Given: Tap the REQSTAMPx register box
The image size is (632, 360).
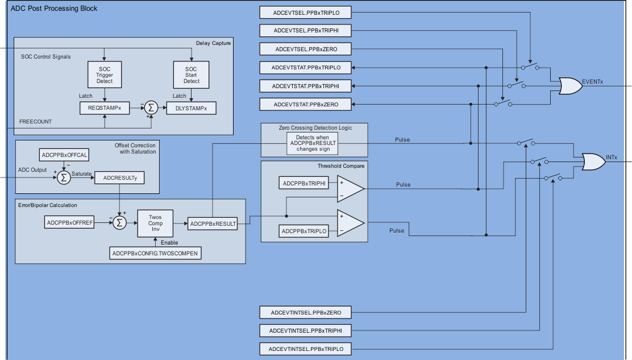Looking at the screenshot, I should [x=104, y=107].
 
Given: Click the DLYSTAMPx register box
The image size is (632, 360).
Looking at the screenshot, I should [x=192, y=107].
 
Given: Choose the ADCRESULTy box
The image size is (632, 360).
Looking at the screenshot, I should [x=120, y=178].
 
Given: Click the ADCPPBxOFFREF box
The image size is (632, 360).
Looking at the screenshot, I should [x=69, y=222].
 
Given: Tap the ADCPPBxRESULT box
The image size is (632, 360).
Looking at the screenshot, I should [x=213, y=224].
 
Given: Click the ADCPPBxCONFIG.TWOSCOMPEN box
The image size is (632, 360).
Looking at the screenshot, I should [x=155, y=253].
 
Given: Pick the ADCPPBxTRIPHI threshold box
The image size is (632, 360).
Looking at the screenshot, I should [x=304, y=183].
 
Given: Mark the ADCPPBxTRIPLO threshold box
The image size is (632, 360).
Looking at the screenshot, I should [x=304, y=231].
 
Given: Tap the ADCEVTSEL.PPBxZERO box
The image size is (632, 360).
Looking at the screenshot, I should [x=306, y=49].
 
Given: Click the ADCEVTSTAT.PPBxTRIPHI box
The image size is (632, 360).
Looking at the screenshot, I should [x=306, y=86].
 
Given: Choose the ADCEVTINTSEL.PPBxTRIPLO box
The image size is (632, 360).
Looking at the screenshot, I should [x=306, y=349].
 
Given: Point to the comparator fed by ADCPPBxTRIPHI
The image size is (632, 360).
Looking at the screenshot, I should [x=349, y=189].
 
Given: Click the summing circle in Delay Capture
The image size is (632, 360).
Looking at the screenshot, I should [x=151, y=107].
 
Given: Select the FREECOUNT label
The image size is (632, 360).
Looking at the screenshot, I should [x=35, y=122].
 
